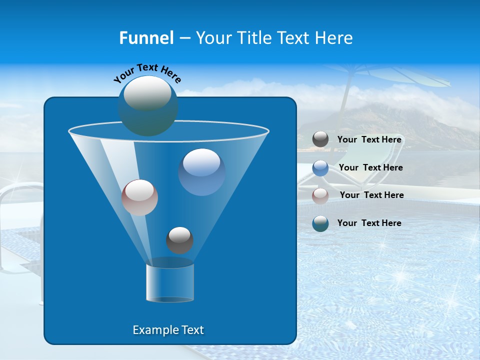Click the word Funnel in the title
pos(146,38)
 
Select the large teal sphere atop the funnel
pos(147,105)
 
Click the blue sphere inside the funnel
pos(202,172)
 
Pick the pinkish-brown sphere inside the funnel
pos(139,197)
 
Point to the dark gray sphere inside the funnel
pos(179,240)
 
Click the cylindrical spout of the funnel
pos(170,282)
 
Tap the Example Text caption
pos(168,330)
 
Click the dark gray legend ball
pos(320,139)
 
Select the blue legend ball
pos(320,167)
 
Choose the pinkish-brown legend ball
pos(320,195)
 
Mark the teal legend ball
pos(320,223)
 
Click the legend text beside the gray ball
pos(369,139)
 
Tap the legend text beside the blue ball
pos(371,167)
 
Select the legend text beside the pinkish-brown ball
pos(372,195)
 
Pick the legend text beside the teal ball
pos(369,223)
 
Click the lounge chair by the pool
pos(350,165)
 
